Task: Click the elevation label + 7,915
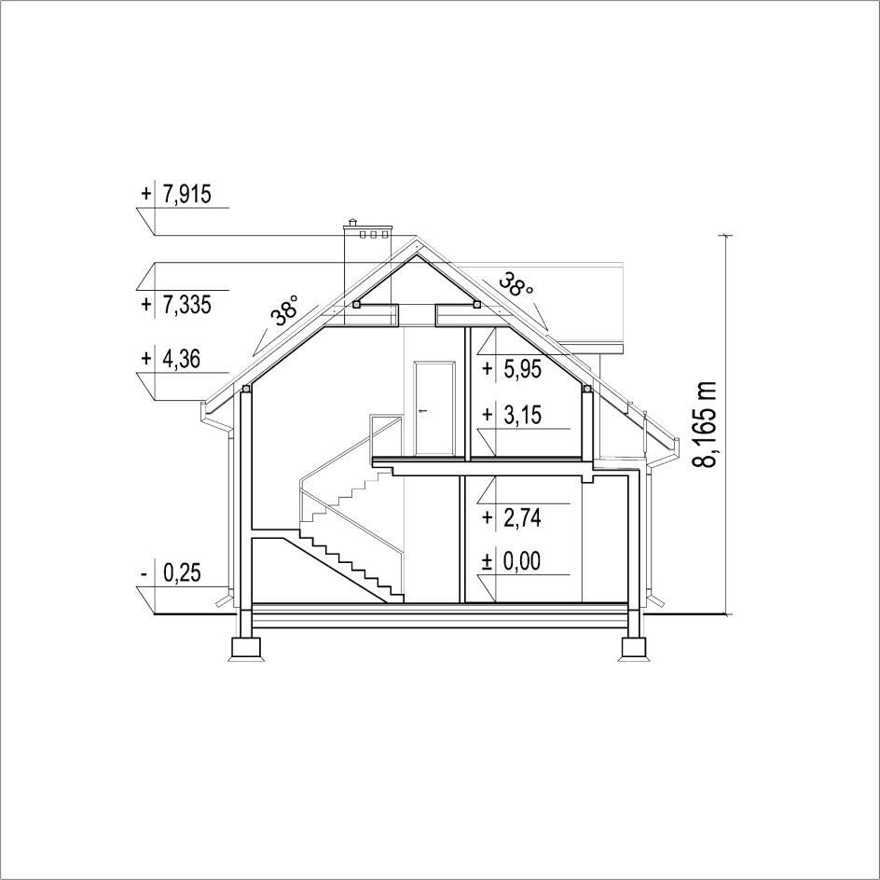(x=175, y=194)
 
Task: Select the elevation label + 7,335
(x=175, y=306)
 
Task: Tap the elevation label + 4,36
(x=170, y=359)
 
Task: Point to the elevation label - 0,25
(x=170, y=573)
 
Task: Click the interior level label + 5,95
(x=512, y=369)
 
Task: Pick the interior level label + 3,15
(x=512, y=416)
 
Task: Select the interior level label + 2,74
(x=512, y=517)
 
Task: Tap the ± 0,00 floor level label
(x=512, y=560)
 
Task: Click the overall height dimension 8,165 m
(x=705, y=424)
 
